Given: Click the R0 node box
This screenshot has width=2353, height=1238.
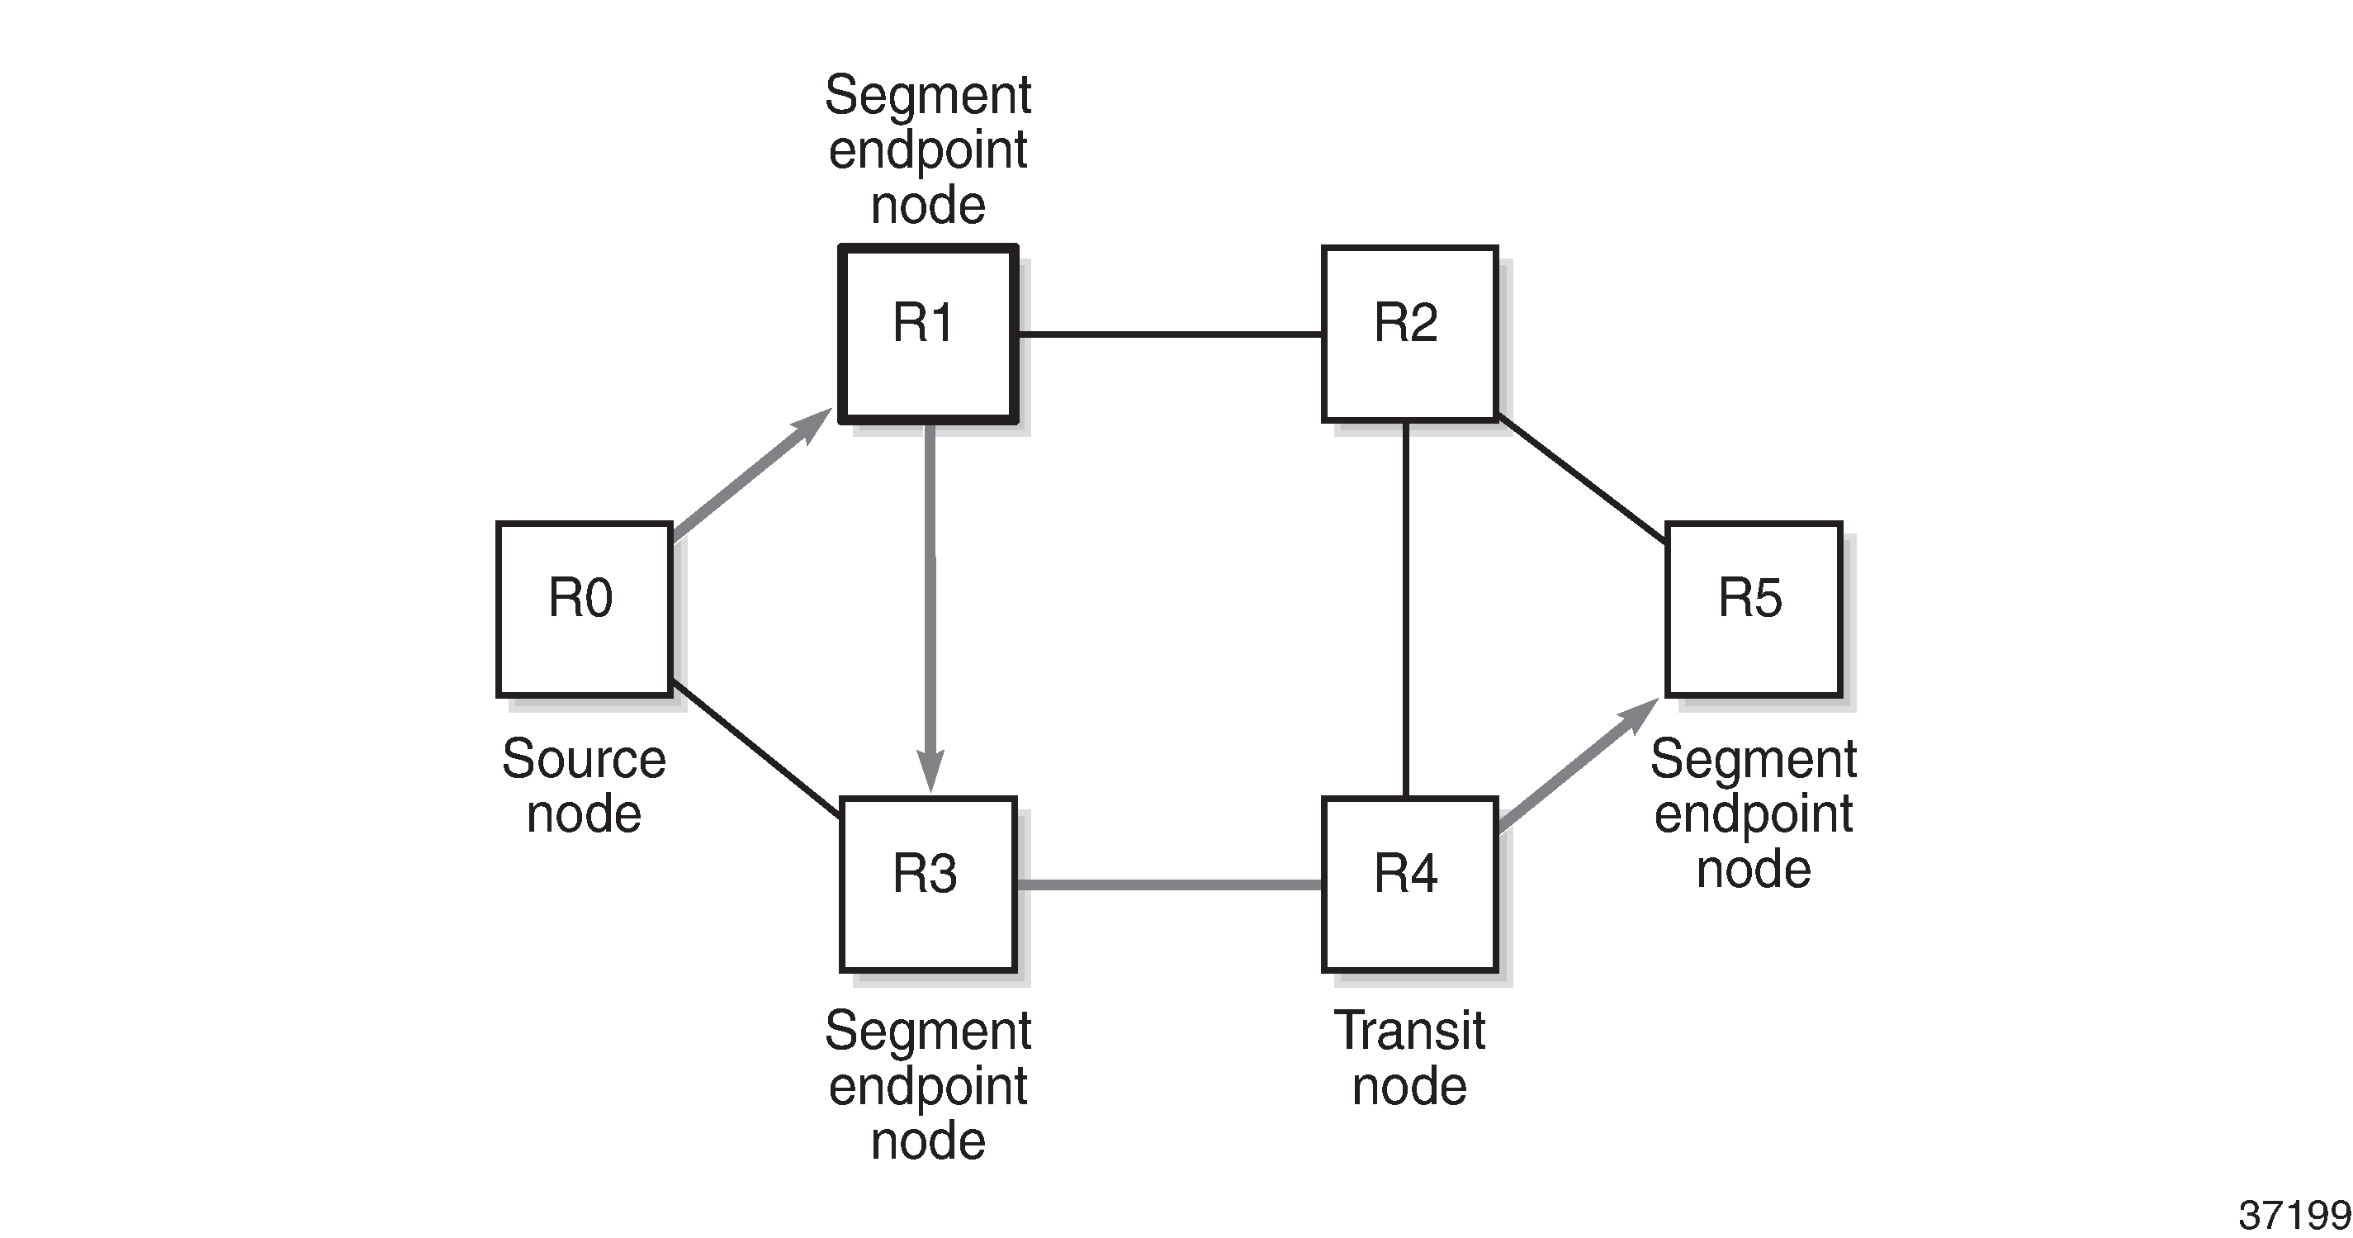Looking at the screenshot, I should click(x=585, y=610).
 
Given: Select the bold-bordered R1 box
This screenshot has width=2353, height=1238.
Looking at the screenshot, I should click(x=928, y=334).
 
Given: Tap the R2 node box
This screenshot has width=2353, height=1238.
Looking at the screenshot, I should click(x=1409, y=334).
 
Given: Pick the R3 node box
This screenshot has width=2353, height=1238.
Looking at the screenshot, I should click(x=928, y=885).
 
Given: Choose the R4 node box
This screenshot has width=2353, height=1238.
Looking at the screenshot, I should click(x=1409, y=885).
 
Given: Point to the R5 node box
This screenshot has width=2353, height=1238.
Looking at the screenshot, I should click(x=1753, y=610).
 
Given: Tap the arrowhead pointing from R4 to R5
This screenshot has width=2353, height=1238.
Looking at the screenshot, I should click(x=1640, y=714).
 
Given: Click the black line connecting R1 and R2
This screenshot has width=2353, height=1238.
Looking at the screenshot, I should click(x=1169, y=334).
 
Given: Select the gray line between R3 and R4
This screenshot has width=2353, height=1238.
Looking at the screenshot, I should click(x=1169, y=885).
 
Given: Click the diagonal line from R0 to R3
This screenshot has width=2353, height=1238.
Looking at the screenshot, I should click(x=755, y=748).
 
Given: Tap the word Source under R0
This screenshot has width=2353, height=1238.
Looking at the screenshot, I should click(x=584, y=759).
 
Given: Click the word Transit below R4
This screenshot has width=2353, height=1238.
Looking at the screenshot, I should click(x=1409, y=1032).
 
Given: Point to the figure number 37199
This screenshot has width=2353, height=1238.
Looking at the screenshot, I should click(x=2294, y=1215).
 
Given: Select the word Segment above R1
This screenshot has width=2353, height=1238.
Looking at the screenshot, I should click(x=928, y=95).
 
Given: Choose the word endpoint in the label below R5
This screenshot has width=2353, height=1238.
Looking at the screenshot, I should click(x=1753, y=813).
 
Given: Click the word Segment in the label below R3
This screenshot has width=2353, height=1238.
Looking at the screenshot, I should click(x=928, y=1032).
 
